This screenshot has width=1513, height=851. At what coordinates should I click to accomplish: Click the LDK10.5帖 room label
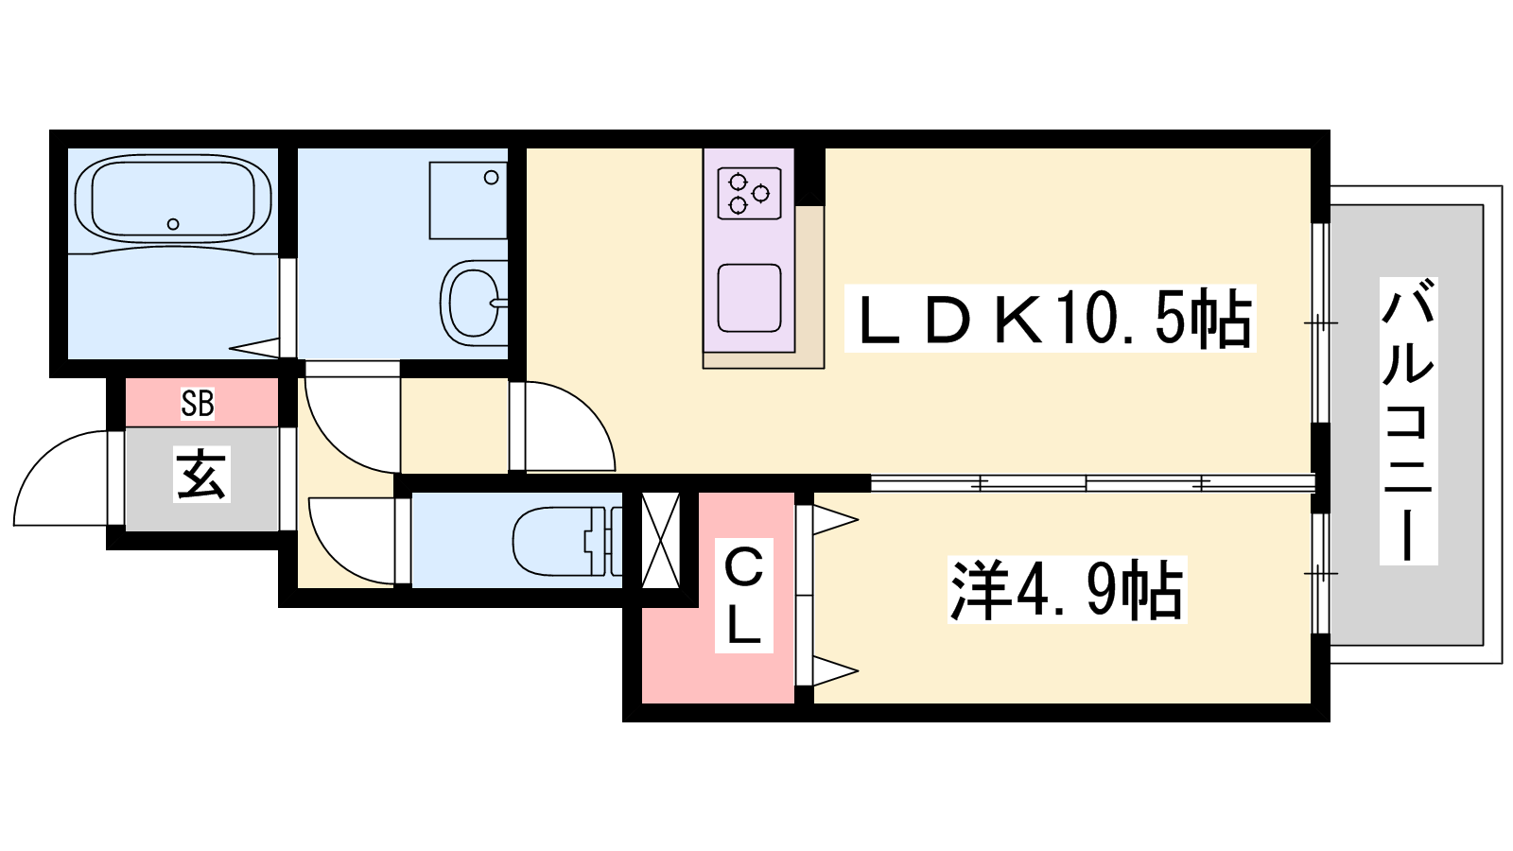(1050, 319)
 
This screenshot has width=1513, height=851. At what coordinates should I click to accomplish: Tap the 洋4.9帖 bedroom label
(1068, 590)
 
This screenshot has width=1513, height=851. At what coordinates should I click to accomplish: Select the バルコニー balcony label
(1408, 421)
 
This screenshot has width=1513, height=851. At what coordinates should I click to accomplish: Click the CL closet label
(743, 596)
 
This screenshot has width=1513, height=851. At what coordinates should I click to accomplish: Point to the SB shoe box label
(198, 403)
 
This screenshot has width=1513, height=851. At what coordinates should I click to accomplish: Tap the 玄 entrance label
(202, 474)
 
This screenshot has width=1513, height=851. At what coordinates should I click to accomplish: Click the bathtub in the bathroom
(174, 198)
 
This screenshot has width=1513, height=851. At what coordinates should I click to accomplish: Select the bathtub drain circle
(173, 224)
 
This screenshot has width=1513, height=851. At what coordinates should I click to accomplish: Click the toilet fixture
(567, 542)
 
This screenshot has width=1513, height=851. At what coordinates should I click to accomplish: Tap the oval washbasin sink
(474, 303)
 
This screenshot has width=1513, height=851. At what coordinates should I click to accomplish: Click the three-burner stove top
(749, 194)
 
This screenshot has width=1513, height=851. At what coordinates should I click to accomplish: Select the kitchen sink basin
(749, 298)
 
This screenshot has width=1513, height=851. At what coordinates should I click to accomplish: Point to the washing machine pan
(468, 200)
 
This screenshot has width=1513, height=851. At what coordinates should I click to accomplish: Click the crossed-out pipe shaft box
(660, 540)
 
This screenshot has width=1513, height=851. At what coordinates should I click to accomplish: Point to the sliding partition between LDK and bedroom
(1093, 483)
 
